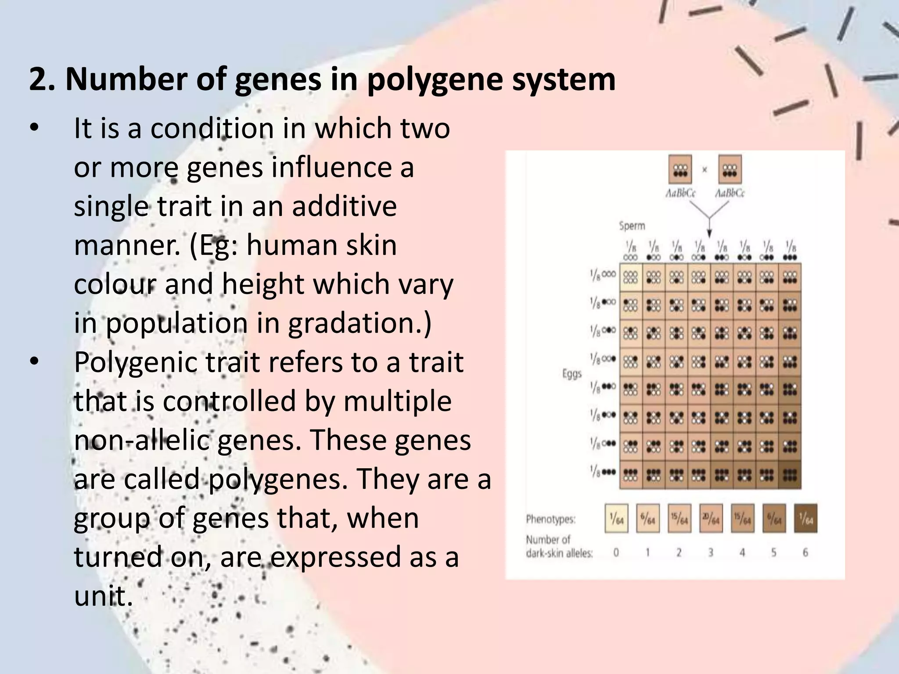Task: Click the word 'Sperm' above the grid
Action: pos(632,226)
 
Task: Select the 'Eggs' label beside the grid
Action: pos(572,374)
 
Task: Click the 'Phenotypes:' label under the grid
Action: pos(551,520)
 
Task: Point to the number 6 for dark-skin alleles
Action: pos(806,552)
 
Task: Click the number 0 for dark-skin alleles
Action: pos(616,552)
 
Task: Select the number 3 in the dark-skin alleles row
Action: pos(711,552)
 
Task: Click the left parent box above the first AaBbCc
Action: pos(680,169)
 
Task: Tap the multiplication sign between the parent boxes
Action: pos(705,170)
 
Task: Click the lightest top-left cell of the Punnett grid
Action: pos(631,277)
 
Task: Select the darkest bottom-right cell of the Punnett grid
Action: pos(790,475)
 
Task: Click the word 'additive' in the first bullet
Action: pos(345,206)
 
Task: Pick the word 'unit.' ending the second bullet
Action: pos(103,596)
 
